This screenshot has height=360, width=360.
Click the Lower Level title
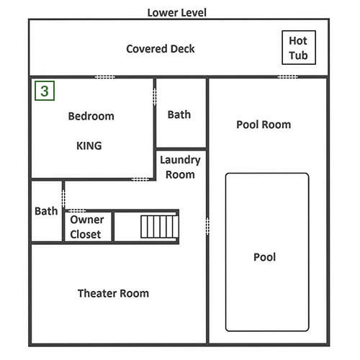[x=177, y=13]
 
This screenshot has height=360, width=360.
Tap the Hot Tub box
[x=299, y=48]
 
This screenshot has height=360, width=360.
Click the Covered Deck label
[x=161, y=49]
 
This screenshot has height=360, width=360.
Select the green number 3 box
[x=45, y=91]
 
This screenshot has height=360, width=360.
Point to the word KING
[x=89, y=145]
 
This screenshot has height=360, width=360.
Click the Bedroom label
[x=91, y=116]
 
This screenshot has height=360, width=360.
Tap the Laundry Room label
[x=180, y=167]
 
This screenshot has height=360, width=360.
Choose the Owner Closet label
[x=87, y=227]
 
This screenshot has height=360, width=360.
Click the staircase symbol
[x=159, y=227]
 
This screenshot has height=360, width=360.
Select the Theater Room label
[x=113, y=293]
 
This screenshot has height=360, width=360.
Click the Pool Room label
[x=264, y=125]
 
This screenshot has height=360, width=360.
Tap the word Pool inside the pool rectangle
[x=264, y=257]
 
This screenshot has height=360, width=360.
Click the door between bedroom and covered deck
[x=104, y=77]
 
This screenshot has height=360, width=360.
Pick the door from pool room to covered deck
[x=288, y=77]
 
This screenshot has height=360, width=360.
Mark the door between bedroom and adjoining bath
[x=155, y=96]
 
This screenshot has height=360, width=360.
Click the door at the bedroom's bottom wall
[x=140, y=179]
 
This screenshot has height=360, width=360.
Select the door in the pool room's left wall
[x=207, y=226]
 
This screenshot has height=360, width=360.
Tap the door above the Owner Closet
[x=76, y=211]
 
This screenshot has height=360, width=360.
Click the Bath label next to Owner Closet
[x=46, y=211]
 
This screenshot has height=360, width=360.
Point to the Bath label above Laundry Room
[x=179, y=114]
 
